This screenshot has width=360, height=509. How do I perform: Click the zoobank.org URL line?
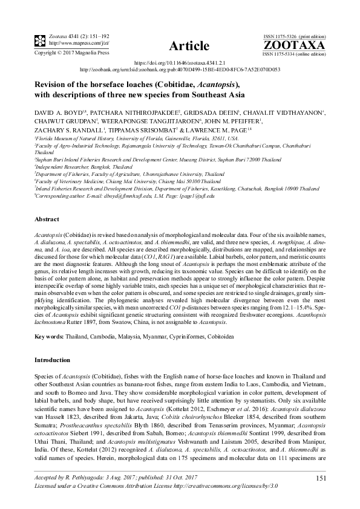pyautogui.click(x=180, y=69)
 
